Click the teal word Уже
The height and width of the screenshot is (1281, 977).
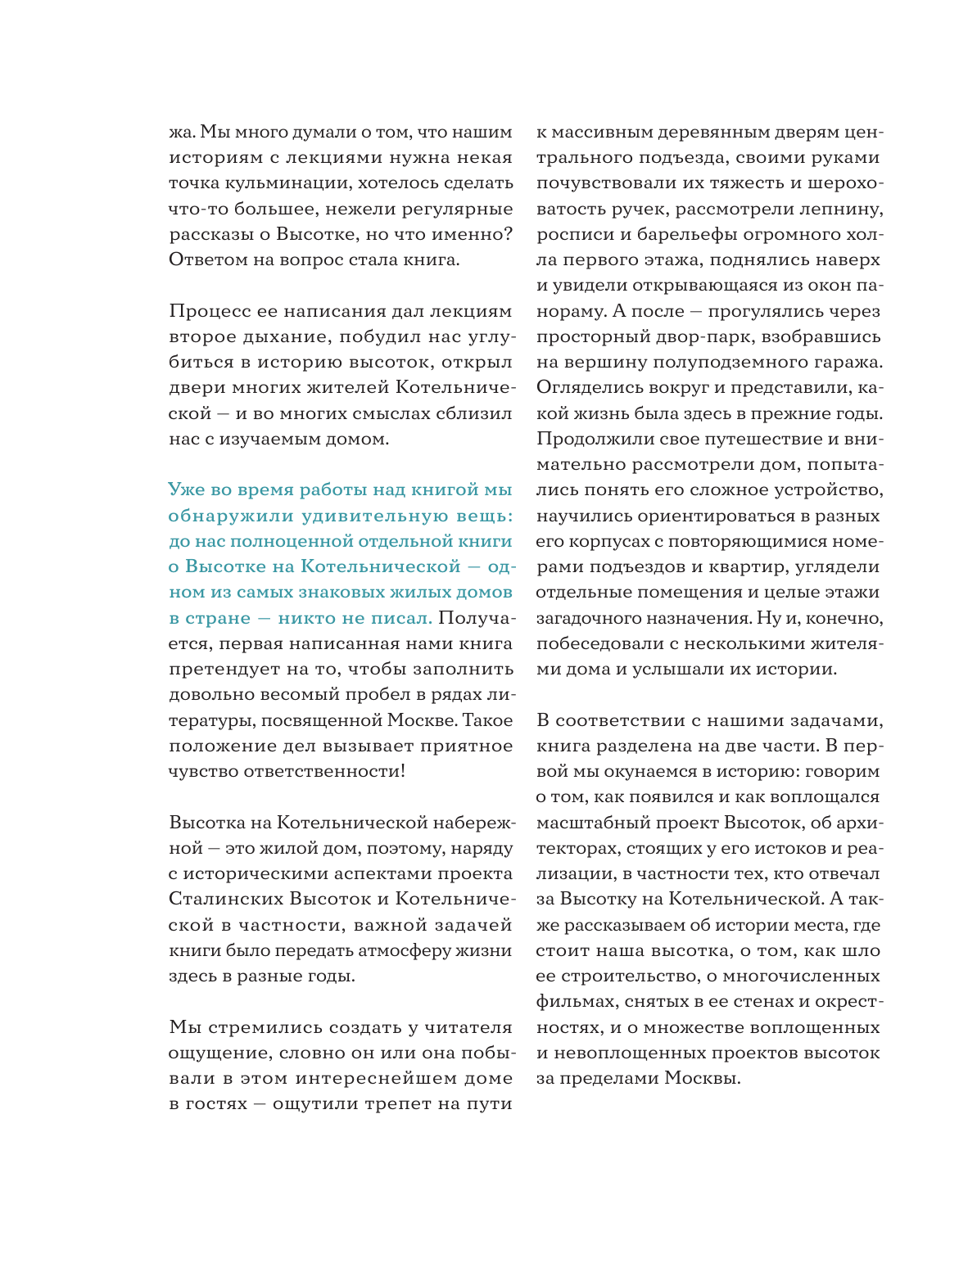point(188,490)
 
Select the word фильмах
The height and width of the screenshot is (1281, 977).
point(576,1002)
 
